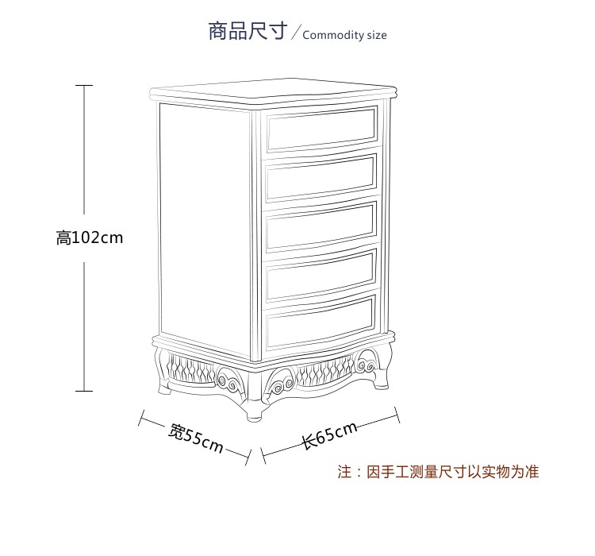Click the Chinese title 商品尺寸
(x=247, y=32)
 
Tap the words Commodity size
(x=344, y=35)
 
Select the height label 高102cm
(x=90, y=237)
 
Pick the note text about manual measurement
(x=438, y=472)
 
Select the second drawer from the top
(x=321, y=178)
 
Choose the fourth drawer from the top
(x=321, y=274)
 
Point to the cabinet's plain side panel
(x=205, y=226)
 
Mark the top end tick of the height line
(x=84, y=85)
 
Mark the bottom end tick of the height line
(x=84, y=391)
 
